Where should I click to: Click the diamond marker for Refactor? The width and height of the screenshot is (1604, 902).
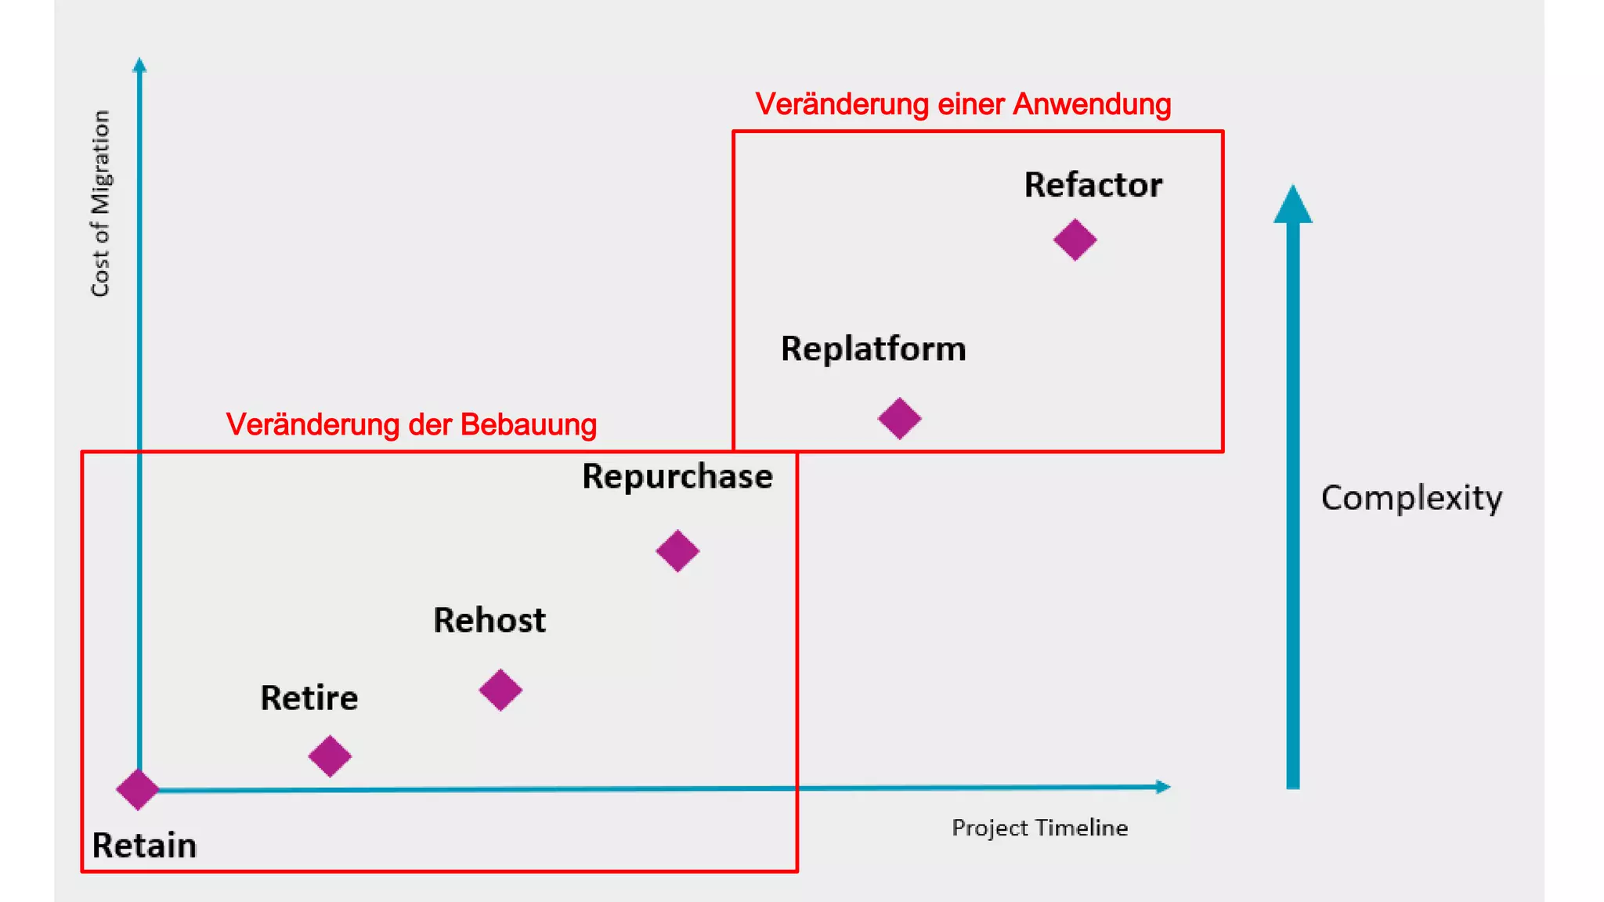click(x=1075, y=240)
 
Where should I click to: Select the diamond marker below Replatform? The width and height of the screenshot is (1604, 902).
click(x=899, y=418)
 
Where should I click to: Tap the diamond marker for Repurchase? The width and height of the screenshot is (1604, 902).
click(x=677, y=551)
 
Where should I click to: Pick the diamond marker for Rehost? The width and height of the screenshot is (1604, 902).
click(x=500, y=690)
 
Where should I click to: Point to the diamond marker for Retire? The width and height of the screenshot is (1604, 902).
click(x=330, y=756)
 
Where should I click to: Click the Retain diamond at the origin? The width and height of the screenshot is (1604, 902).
click(x=138, y=789)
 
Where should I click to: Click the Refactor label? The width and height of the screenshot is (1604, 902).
click(x=1093, y=186)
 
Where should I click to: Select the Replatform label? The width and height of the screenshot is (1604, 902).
click(x=872, y=349)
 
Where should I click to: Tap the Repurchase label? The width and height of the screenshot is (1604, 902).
click(x=677, y=477)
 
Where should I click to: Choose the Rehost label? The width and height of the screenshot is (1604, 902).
click(x=490, y=620)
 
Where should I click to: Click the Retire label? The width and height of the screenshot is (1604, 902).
click(x=309, y=698)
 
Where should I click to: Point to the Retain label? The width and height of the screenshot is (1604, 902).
click(x=144, y=846)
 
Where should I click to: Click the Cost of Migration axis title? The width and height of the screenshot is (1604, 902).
click(x=100, y=204)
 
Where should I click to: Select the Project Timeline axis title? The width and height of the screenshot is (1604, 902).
click(x=1039, y=828)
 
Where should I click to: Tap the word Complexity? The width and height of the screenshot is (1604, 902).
click(x=1411, y=499)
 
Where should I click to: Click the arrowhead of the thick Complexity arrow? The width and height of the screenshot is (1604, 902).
click(x=1292, y=205)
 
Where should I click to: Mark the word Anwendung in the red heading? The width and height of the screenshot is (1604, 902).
click(x=1092, y=104)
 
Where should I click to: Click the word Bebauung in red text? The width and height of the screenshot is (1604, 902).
click(x=528, y=424)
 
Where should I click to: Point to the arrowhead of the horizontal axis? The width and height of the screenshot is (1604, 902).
click(x=1163, y=786)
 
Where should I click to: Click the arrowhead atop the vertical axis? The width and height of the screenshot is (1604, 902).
click(x=139, y=65)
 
